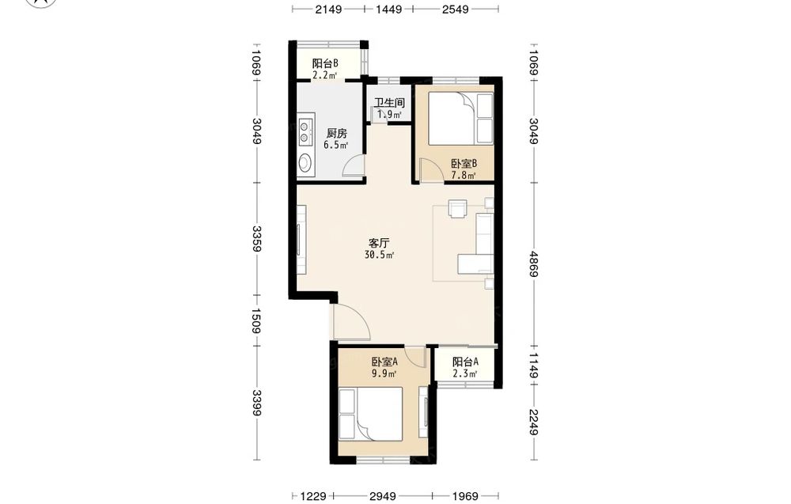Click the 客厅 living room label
380,243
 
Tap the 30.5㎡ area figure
379,256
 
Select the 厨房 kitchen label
336,133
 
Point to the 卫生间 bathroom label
389,102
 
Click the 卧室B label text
464,164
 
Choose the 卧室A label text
385,362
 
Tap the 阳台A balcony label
465,362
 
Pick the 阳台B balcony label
325,63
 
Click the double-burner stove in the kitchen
305,131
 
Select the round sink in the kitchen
305,162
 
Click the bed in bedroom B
460,119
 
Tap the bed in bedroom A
371,413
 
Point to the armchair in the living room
457,208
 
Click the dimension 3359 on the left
257,239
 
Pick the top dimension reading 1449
389,9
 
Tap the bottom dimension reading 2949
383,496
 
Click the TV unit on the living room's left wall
301,241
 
